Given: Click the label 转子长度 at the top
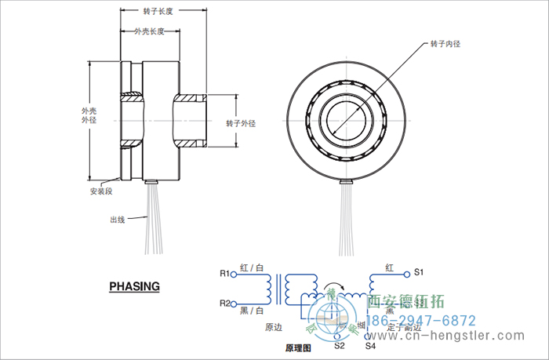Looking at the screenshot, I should click(x=158, y=13).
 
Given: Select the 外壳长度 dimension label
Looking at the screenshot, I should click(x=149, y=31).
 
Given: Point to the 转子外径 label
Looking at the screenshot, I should click(x=241, y=123).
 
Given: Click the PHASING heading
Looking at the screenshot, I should click(x=134, y=286).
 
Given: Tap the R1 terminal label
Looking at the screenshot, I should click(x=224, y=274).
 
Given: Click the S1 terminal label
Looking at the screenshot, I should click(x=418, y=272).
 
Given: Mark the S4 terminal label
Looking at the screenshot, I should click(x=370, y=345).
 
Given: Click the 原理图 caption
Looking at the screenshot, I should click(x=299, y=347).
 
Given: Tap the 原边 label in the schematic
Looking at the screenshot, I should click(x=273, y=326).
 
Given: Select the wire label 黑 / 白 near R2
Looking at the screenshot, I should click(x=252, y=311).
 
